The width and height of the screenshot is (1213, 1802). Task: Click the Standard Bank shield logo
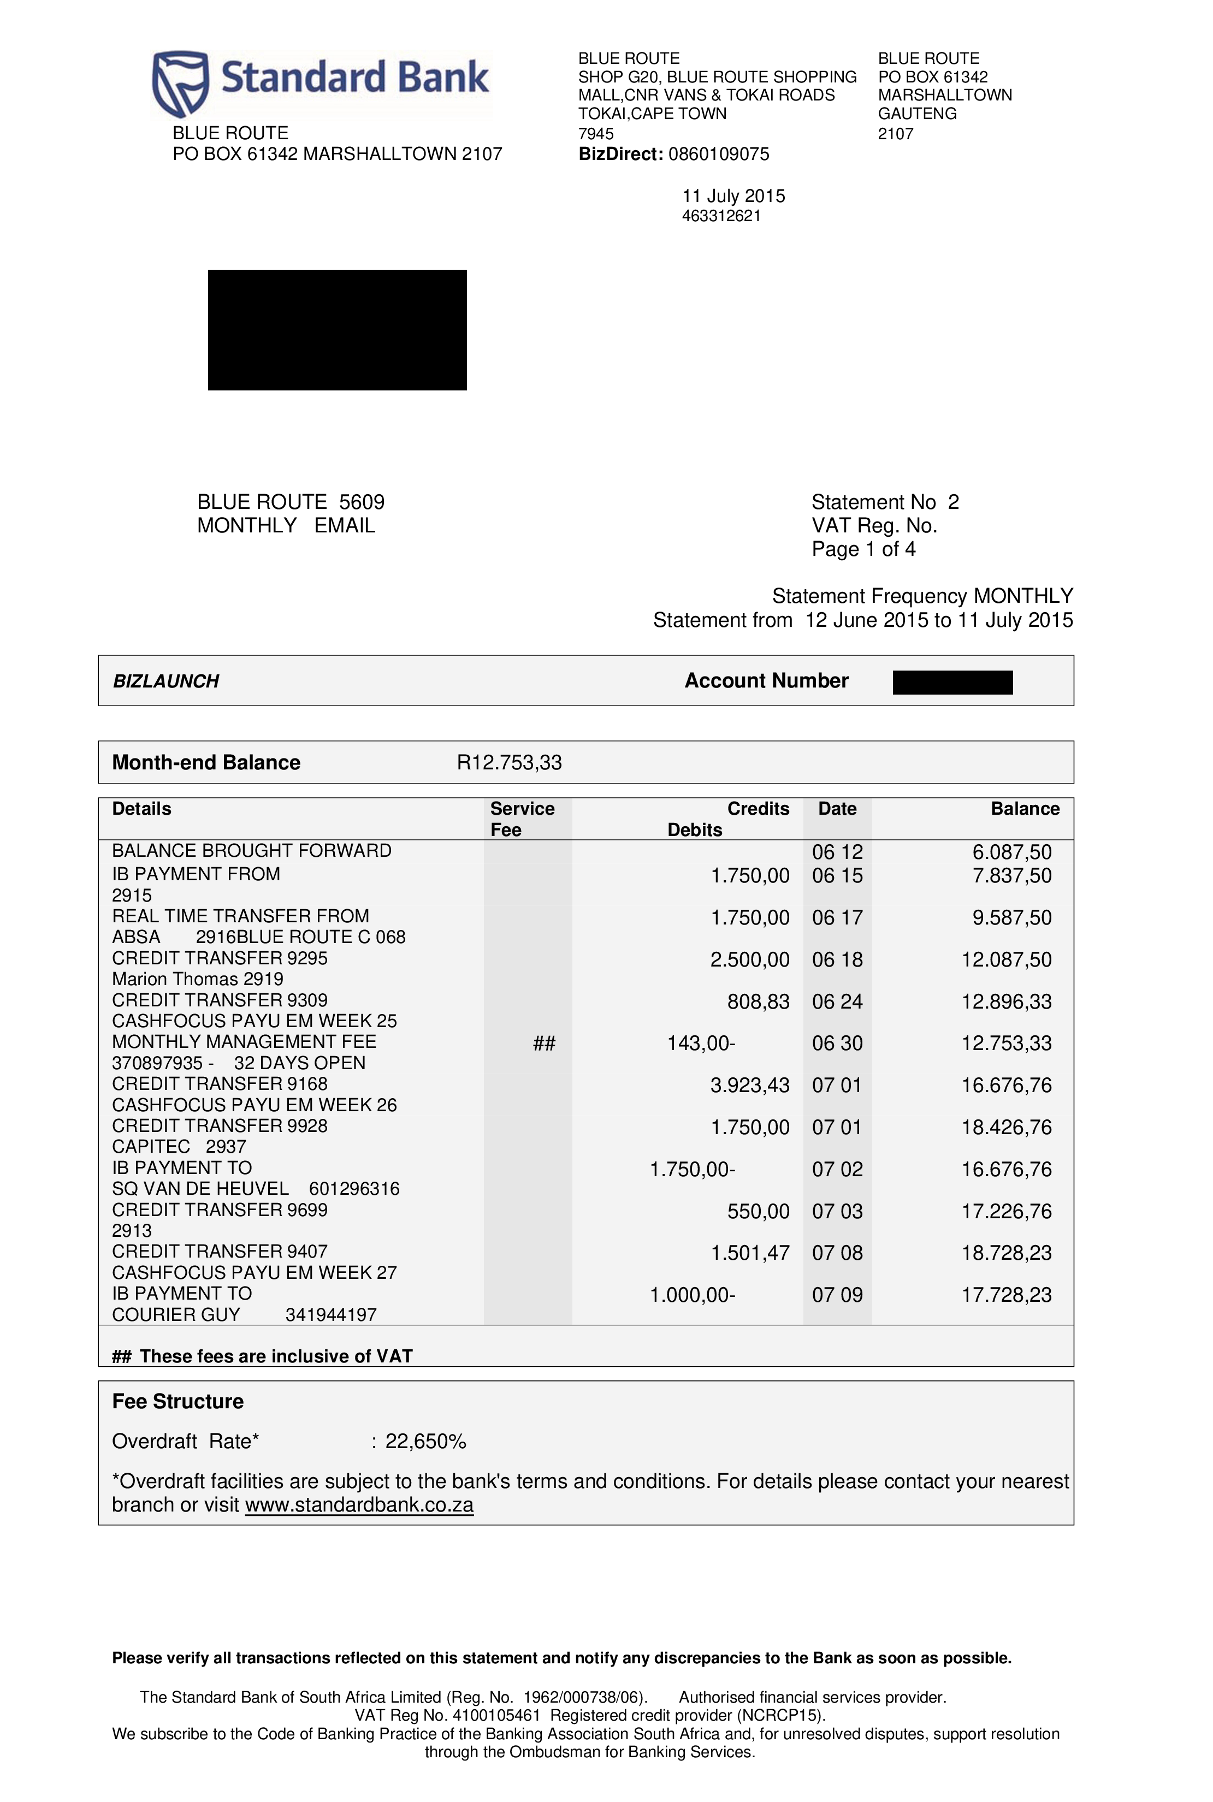coord(181,83)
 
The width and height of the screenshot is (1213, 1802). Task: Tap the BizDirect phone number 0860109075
coord(719,154)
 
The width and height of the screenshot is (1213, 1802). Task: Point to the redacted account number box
coord(952,682)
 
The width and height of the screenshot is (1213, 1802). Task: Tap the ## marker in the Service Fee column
coord(544,1044)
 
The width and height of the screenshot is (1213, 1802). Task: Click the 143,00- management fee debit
coord(701,1044)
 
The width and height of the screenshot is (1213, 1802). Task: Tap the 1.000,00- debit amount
coord(693,1295)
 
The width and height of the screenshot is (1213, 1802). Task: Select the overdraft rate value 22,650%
coord(425,1442)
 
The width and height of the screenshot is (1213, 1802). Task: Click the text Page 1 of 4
coord(863,549)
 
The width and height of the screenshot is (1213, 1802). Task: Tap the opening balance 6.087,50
coord(1012,852)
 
